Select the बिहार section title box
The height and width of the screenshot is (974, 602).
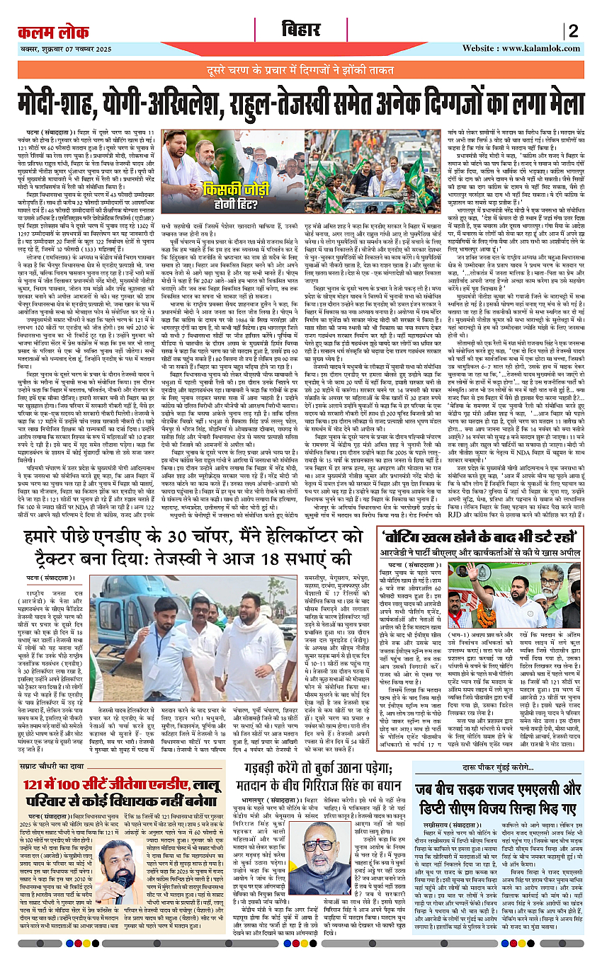[300, 31]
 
